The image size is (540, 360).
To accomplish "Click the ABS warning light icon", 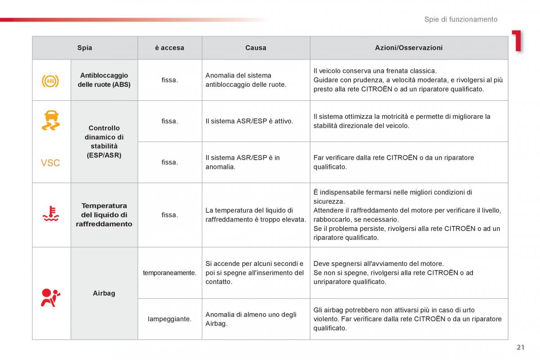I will click(50, 81).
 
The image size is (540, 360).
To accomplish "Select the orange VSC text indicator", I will click(50, 163).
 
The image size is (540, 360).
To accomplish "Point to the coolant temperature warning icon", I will click(50, 214).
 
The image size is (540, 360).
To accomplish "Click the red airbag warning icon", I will click(50, 297).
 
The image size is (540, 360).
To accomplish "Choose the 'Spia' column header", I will click(85, 48).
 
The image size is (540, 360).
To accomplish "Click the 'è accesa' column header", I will click(170, 48).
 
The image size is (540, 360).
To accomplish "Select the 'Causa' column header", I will click(256, 48).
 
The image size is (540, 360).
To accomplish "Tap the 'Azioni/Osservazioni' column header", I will click(409, 48).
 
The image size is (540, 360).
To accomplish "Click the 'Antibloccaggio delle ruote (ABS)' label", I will click(104, 80).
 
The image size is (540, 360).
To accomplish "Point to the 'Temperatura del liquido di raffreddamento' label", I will click(104, 215).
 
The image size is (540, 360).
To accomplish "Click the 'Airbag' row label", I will click(104, 293).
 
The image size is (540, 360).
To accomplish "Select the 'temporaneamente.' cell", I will click(170, 273).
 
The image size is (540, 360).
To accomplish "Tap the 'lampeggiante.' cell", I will click(170, 319).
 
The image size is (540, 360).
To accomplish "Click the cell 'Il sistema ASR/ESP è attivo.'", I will click(249, 121).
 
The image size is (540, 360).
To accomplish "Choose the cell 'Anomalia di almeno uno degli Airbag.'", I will click(251, 319).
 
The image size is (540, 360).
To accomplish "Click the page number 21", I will click(521, 347).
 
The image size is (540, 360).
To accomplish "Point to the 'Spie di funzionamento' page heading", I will click(461, 19).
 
